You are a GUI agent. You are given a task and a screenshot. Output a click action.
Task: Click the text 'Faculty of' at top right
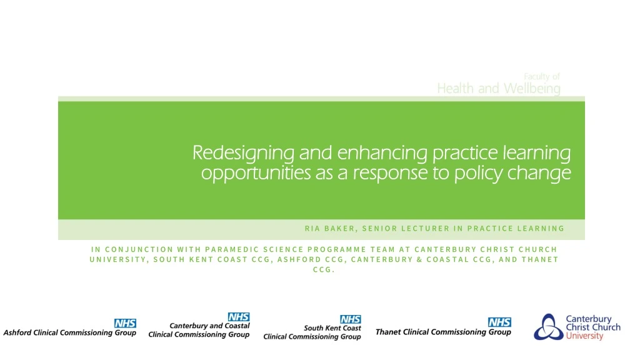542,76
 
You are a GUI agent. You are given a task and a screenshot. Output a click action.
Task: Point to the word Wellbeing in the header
532,89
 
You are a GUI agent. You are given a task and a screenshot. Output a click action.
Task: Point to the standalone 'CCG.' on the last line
324,269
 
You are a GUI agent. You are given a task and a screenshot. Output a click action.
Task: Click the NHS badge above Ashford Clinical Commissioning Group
125,323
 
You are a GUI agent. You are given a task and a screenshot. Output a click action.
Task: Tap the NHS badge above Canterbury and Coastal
239,317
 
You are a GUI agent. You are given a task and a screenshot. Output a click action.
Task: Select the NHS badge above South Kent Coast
350,319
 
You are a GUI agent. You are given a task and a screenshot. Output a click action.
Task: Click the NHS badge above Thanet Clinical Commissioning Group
499,322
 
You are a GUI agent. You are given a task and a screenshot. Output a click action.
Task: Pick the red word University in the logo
584,336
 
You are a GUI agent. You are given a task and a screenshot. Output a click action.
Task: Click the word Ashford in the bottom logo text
19,332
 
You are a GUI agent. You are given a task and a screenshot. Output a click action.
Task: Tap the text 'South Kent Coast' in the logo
332,328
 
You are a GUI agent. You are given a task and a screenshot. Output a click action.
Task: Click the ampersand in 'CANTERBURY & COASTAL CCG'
418,259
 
